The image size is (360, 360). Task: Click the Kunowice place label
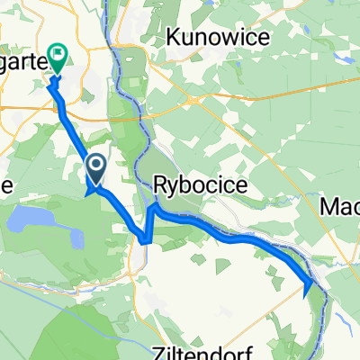coord(209,39)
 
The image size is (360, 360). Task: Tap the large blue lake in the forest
coord(33,220)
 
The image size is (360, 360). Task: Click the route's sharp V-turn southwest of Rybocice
coord(145,238)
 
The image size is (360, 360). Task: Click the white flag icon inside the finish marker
coord(58,54)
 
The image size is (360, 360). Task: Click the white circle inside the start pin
coord(97,164)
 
